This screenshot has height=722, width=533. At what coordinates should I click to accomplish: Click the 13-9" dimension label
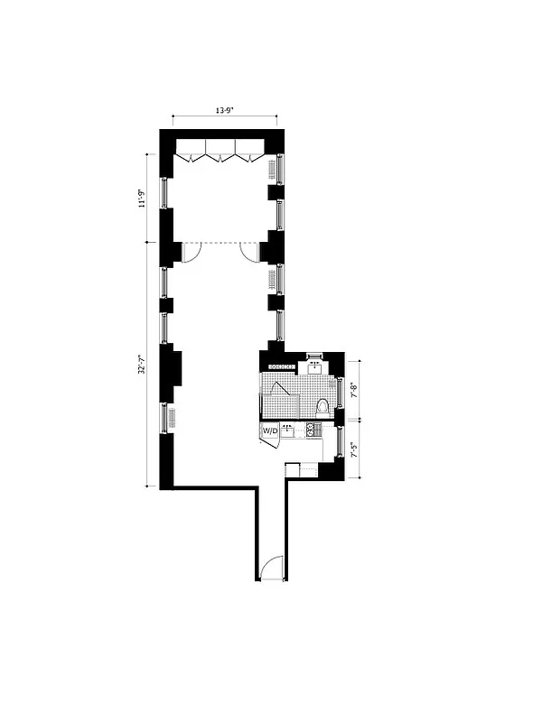(223, 110)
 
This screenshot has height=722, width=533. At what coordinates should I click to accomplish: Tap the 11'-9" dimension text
(141, 198)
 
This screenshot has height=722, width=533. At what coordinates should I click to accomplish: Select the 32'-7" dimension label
(141, 363)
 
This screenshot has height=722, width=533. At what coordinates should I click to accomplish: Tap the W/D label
(270, 433)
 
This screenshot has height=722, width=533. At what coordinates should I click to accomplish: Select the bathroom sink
(314, 366)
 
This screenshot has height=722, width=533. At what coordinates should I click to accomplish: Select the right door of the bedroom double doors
(249, 252)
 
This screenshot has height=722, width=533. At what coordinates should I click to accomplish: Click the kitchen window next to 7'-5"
(339, 442)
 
